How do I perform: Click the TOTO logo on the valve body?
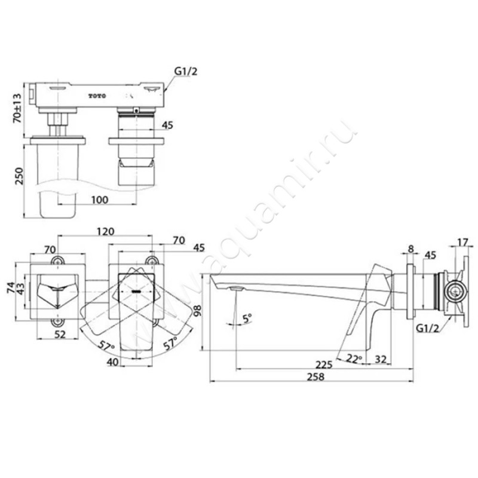coord(97,96)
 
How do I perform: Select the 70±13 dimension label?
coord(18,108)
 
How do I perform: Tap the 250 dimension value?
coord(19,176)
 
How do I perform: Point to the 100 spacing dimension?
coord(100,200)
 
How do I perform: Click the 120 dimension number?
coord(106,231)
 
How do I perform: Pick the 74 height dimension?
coord(11,287)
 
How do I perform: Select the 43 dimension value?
coord(20,289)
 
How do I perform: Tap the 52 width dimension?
coord(60,334)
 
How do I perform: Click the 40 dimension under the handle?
coord(112,362)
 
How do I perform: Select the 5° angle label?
coord(247,318)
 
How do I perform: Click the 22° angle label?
coord(354,359)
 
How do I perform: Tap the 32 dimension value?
coord(381,360)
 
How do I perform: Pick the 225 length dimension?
coord(324,365)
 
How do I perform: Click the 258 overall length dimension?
coord(316,377)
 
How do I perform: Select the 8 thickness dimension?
coord(410,249)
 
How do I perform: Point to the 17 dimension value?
coord(462,243)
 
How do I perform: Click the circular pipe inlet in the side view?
coord(455,291)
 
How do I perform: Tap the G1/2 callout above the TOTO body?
coord(186,71)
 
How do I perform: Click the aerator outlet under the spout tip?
coord(237,288)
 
